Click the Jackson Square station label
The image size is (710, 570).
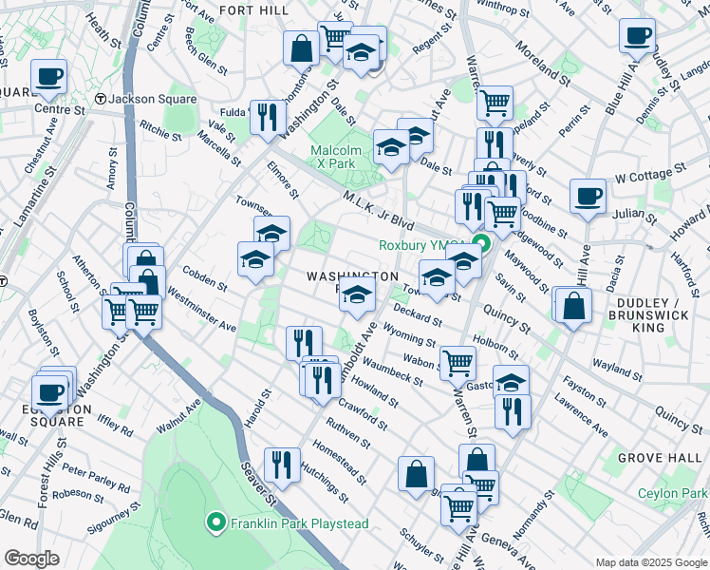click(x=152, y=99)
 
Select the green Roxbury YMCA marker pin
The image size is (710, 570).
click(x=481, y=244)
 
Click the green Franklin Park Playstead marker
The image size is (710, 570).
click(x=216, y=522)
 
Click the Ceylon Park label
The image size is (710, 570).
click(x=673, y=493)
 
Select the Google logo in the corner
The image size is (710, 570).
click(x=31, y=559)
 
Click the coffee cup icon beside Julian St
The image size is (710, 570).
click(x=588, y=197)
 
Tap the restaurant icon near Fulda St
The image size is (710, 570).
click(x=267, y=117)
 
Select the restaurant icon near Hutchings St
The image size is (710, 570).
click(x=281, y=465)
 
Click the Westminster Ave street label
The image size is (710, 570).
click(x=201, y=312)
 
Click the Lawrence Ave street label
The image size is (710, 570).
click(x=582, y=416)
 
